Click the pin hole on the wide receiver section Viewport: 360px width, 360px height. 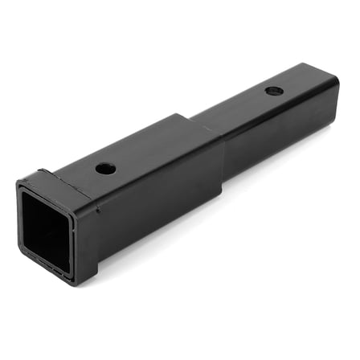[x=105, y=169]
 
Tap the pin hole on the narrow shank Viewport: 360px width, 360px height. [x=273, y=91]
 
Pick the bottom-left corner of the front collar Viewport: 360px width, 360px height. [x=25, y=265]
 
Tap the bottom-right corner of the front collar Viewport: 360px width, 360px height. [x=73, y=283]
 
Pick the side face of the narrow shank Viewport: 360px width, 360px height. [x=265, y=141]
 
